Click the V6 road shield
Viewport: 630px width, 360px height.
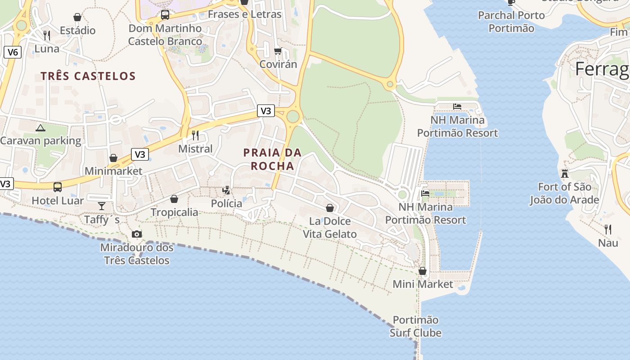pos(13,52)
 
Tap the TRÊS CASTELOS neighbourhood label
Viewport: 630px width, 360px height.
pos(88,76)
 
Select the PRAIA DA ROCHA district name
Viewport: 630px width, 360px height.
pos(272,159)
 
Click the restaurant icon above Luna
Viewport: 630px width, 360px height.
pos(47,35)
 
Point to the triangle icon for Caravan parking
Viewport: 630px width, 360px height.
pos(40,128)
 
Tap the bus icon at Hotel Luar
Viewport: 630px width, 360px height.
pos(58,187)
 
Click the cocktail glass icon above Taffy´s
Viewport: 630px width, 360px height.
pos(102,206)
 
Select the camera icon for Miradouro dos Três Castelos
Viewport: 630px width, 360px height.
pos(137,234)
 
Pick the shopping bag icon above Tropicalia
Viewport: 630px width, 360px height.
pos(174,199)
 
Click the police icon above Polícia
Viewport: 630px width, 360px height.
pos(226,190)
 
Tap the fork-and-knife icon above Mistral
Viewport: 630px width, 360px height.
pos(195,135)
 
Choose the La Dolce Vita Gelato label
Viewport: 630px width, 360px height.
pos(330,228)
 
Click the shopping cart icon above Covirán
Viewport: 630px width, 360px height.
pos(278,51)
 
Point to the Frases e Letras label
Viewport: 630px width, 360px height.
pos(245,14)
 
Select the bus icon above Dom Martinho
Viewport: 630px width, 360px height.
pos(165,15)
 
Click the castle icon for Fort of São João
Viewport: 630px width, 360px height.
pos(564,173)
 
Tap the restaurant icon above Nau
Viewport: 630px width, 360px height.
pos(608,229)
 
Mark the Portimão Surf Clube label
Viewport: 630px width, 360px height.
pos(415,326)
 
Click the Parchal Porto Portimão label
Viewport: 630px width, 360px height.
pos(512,22)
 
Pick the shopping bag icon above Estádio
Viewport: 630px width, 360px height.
pos(77,18)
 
